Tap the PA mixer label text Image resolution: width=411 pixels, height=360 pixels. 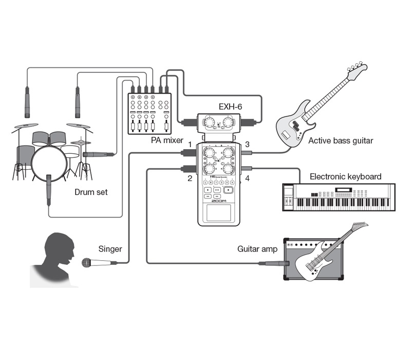tap(167, 140)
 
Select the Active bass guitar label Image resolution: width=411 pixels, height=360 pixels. tap(341, 140)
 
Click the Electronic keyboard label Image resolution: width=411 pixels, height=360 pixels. tap(345, 176)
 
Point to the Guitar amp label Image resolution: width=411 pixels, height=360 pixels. tap(257, 249)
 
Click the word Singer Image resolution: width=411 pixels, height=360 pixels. tap(110, 249)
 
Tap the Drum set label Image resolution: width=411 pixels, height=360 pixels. tap(91, 192)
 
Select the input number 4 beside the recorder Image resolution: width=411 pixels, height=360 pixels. tap(247, 179)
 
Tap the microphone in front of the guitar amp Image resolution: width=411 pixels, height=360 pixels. tap(274, 263)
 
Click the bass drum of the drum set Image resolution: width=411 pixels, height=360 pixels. tap(49, 161)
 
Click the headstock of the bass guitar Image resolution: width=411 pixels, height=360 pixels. tap(358, 69)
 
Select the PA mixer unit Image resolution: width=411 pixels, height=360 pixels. tap(149, 113)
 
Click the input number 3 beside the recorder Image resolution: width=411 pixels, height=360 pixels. tap(247, 145)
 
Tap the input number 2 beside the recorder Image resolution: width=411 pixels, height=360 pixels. tap(189, 178)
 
